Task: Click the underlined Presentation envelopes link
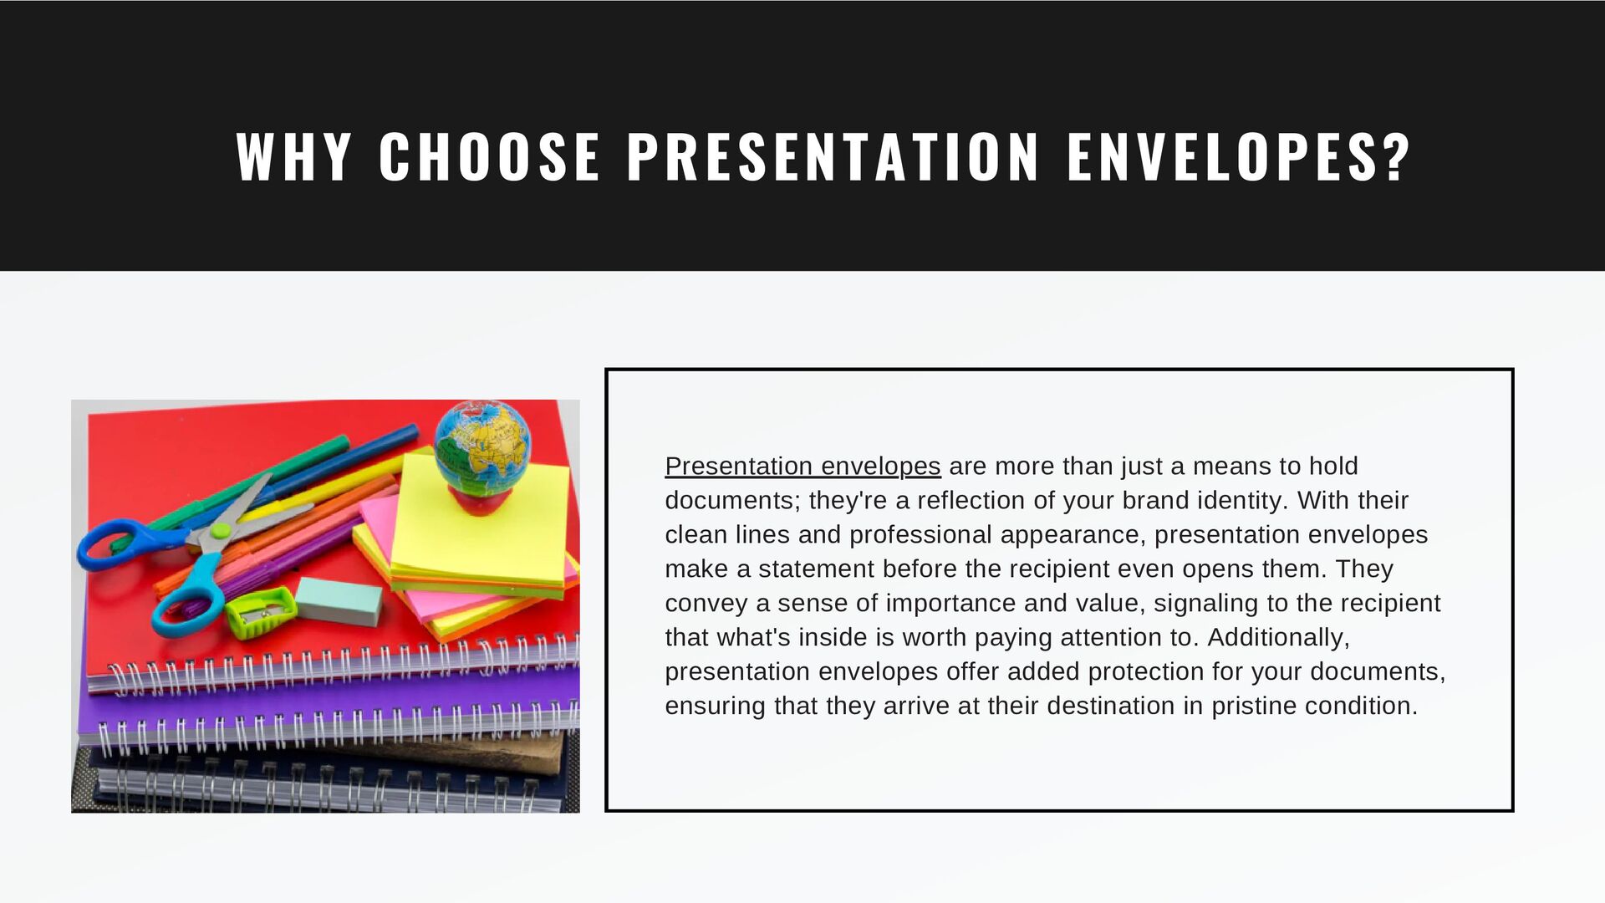[x=802, y=466]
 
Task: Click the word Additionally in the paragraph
[x=1276, y=637]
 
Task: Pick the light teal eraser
[x=339, y=598]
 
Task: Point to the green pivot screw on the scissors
[x=220, y=531]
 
